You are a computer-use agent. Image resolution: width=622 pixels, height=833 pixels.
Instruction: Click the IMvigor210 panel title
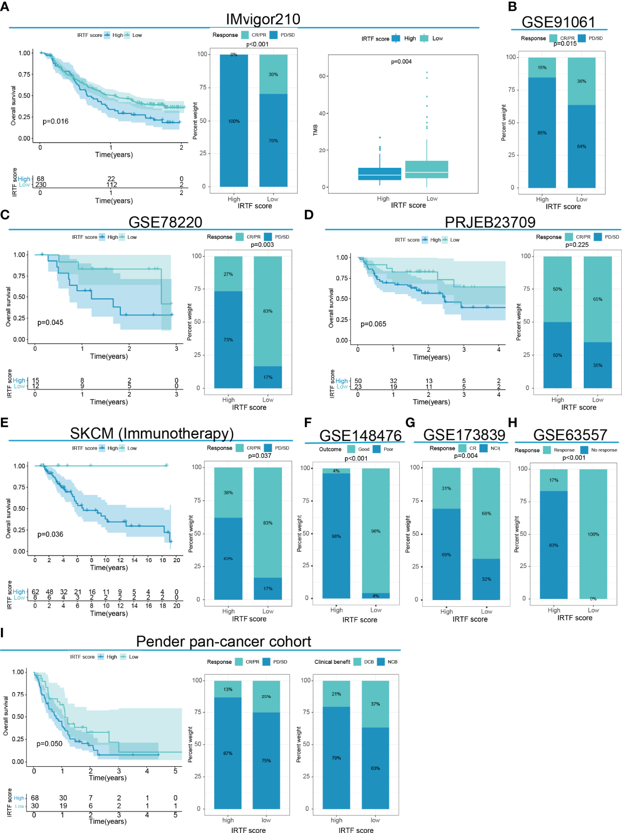(263, 19)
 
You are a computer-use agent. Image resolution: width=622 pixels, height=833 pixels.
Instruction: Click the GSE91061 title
(558, 22)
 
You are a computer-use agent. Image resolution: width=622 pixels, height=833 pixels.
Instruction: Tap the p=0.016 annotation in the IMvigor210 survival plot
(56, 121)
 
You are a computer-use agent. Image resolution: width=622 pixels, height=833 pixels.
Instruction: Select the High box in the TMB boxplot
(380, 174)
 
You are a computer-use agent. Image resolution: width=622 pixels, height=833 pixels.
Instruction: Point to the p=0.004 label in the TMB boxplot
(401, 62)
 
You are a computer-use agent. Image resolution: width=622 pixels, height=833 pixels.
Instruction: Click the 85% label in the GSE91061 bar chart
(542, 133)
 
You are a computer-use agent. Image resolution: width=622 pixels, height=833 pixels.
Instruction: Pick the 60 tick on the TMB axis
(322, 76)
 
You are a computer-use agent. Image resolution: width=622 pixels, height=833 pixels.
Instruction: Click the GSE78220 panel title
(165, 222)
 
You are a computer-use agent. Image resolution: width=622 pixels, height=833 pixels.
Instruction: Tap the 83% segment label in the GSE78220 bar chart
(267, 311)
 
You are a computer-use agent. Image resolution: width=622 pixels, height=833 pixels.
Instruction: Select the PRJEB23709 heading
(490, 222)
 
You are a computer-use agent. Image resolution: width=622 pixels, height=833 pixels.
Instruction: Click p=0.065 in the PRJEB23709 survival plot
(373, 324)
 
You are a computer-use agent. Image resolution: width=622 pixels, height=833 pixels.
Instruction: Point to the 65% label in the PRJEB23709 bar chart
(597, 300)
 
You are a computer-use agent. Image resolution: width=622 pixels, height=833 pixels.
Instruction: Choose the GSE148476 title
(360, 435)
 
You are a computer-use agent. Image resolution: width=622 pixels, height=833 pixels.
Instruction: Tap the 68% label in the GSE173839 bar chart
(486, 513)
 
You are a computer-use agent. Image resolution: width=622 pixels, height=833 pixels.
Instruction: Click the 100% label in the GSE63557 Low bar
(593, 534)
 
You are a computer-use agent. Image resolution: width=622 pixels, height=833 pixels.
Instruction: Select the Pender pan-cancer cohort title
(223, 642)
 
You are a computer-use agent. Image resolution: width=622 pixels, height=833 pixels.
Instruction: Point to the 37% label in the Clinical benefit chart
(375, 704)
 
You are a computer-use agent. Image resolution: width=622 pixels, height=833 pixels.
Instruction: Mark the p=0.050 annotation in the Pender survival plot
(49, 744)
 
